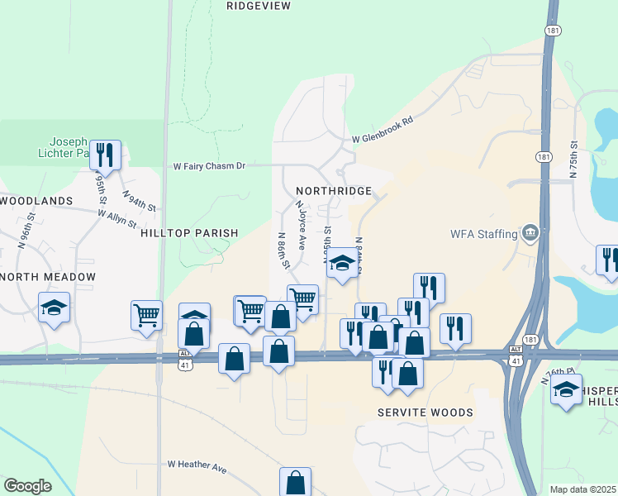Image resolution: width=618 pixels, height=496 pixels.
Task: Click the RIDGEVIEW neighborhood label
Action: tap(259, 6)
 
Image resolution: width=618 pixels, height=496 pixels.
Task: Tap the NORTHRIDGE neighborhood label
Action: tap(333, 191)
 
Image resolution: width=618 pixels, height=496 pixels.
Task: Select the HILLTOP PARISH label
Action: tap(189, 234)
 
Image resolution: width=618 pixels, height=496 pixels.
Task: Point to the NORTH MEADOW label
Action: tap(48, 277)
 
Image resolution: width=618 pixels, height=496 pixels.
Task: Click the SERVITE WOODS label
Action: tap(425, 413)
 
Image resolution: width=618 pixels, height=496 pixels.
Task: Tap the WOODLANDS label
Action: tap(36, 201)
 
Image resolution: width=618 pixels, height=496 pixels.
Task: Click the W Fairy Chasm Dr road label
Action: tap(209, 166)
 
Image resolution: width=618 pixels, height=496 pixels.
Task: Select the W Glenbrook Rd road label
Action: tap(382, 131)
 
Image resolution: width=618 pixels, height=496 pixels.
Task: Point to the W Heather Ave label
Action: tap(197, 467)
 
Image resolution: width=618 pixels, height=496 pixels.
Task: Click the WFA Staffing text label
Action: tap(483, 233)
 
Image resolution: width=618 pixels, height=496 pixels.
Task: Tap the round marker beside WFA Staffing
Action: tap(530, 232)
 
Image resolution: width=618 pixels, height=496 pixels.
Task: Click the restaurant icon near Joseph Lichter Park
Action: tap(105, 155)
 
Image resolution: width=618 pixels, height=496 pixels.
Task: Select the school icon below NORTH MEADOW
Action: tap(55, 308)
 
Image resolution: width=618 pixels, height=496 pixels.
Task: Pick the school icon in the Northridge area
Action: tap(341, 265)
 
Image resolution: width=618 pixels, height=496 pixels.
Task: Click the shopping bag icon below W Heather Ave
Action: tap(295, 482)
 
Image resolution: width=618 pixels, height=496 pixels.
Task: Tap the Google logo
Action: tap(27, 486)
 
